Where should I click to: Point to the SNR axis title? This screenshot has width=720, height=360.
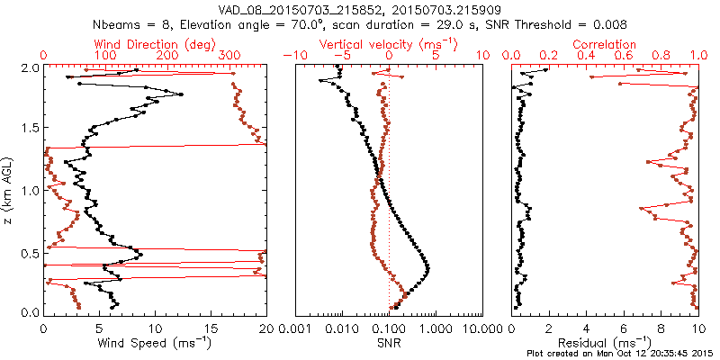389,343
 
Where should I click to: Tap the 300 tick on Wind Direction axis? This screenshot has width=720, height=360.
230,56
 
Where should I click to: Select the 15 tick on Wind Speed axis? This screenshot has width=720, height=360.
211,327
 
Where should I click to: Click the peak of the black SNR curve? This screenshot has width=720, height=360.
427,268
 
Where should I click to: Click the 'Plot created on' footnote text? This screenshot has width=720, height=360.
620,354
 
